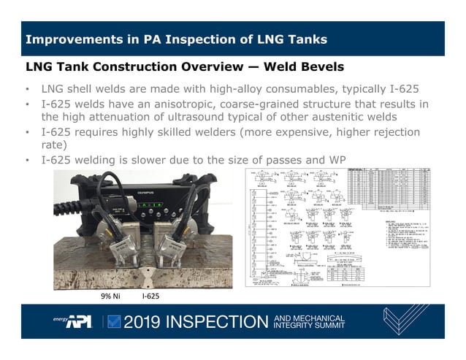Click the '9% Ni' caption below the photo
112,297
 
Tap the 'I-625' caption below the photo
150,297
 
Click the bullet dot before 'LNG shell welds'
27,90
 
